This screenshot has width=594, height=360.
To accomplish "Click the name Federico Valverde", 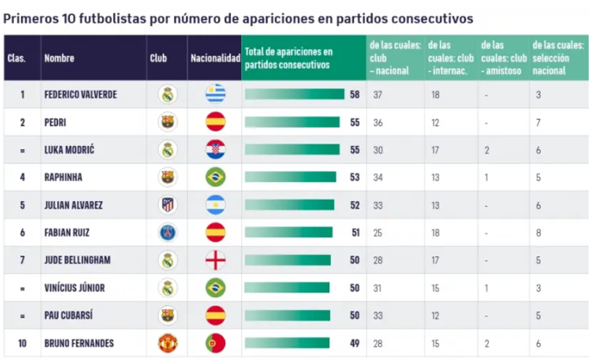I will click(x=81, y=95).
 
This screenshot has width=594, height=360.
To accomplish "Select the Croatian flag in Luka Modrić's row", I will click(x=215, y=150).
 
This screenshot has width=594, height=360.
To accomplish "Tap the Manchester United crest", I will click(x=168, y=343).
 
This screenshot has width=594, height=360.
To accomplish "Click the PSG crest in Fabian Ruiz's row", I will click(x=168, y=233).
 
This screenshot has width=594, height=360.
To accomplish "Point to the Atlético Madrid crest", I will click(x=168, y=205).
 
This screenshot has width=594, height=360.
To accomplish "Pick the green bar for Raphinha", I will click(x=290, y=177).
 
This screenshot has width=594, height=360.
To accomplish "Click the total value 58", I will click(x=355, y=95).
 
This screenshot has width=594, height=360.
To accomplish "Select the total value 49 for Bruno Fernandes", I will click(x=355, y=343).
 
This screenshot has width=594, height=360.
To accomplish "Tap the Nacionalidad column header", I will click(x=215, y=58).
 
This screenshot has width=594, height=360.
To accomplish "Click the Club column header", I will click(x=158, y=58).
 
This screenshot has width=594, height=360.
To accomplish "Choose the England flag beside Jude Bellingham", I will click(x=215, y=260).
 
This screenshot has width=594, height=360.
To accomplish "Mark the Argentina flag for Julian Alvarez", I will click(x=215, y=205).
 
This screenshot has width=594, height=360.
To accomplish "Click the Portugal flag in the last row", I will click(x=215, y=343).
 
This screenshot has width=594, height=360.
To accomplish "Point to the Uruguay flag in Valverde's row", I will click(x=215, y=95).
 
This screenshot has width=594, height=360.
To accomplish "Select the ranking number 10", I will click(x=22, y=343).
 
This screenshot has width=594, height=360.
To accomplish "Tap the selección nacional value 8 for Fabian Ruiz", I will click(x=538, y=233).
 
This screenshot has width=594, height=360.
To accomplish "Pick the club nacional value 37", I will click(x=378, y=95).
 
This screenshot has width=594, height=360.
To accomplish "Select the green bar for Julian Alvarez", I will click(x=289, y=205).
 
